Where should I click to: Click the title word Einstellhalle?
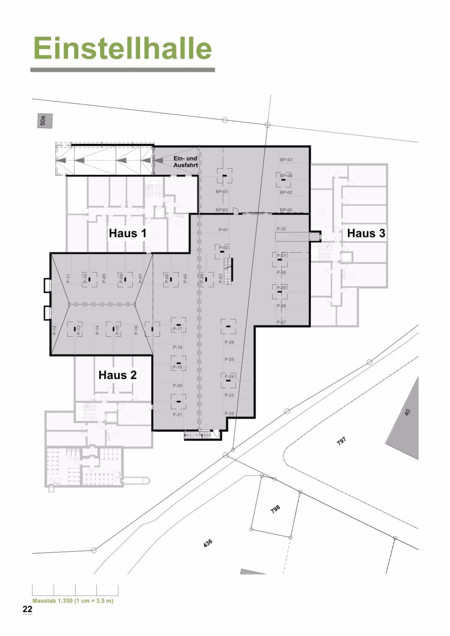(x=122, y=49)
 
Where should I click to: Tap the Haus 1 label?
(x=127, y=233)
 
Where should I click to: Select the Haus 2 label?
(x=117, y=375)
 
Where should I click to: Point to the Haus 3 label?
(x=366, y=233)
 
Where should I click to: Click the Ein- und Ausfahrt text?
(x=185, y=162)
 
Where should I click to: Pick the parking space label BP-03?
(x=286, y=160)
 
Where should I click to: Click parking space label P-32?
(x=281, y=229)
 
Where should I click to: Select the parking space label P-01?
(x=223, y=230)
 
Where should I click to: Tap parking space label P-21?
(x=177, y=414)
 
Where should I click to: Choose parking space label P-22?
(x=229, y=413)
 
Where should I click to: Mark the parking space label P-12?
(x=54, y=330)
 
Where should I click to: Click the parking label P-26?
(x=229, y=342)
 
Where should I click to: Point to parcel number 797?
(x=342, y=441)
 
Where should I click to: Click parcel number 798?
(x=275, y=509)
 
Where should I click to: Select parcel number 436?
(x=207, y=543)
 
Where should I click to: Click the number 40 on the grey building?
(x=407, y=412)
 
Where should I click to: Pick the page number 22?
(x=27, y=609)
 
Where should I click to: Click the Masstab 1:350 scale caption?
(x=73, y=600)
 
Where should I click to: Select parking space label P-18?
(x=177, y=347)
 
